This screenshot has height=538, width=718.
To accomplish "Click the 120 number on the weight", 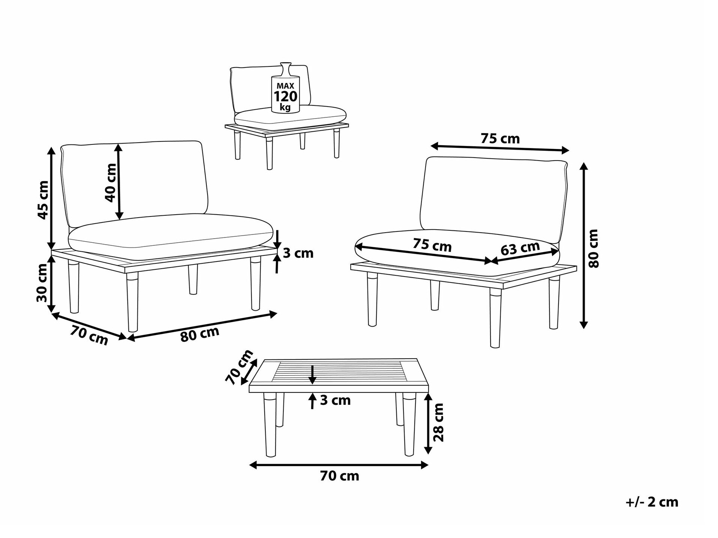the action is click(285, 96).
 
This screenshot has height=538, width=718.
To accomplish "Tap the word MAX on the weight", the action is click(285, 86).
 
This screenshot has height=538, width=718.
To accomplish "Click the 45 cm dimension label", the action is click(44, 200).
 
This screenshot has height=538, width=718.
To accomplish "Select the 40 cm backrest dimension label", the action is click(111, 183).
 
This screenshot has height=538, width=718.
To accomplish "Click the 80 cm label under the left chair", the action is click(200, 334).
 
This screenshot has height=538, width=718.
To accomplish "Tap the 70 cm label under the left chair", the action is click(89, 335).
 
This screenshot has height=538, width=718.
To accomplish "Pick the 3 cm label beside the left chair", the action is click(298, 253).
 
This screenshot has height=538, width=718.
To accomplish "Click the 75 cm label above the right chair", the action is click(500, 139).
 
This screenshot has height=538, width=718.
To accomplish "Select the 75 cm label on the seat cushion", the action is click(432, 245).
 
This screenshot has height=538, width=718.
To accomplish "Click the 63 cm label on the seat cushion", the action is click(520, 248).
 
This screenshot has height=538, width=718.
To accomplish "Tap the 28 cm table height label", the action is click(438, 422).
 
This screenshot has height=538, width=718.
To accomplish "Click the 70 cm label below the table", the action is click(339, 476).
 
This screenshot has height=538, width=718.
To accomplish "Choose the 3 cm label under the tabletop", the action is click(335, 400).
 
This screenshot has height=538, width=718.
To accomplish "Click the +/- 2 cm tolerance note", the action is click(652, 502).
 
